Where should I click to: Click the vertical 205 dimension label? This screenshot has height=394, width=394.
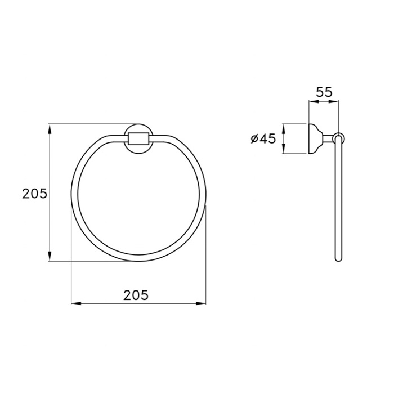pos(35,194)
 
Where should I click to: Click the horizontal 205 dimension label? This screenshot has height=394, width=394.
pos(136,295)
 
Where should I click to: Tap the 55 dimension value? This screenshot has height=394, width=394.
pos(324,92)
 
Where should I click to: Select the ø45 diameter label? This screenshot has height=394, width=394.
pos(263,138)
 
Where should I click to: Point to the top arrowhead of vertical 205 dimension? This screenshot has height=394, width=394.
pos(50,129)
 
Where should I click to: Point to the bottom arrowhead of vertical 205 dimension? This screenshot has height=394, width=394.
pos(50,256)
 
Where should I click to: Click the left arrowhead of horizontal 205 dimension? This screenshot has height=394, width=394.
pos(77,303)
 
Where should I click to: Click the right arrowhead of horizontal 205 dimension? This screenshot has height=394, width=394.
pos(201,303)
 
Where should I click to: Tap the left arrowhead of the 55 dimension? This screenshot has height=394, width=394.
pos(314,101)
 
